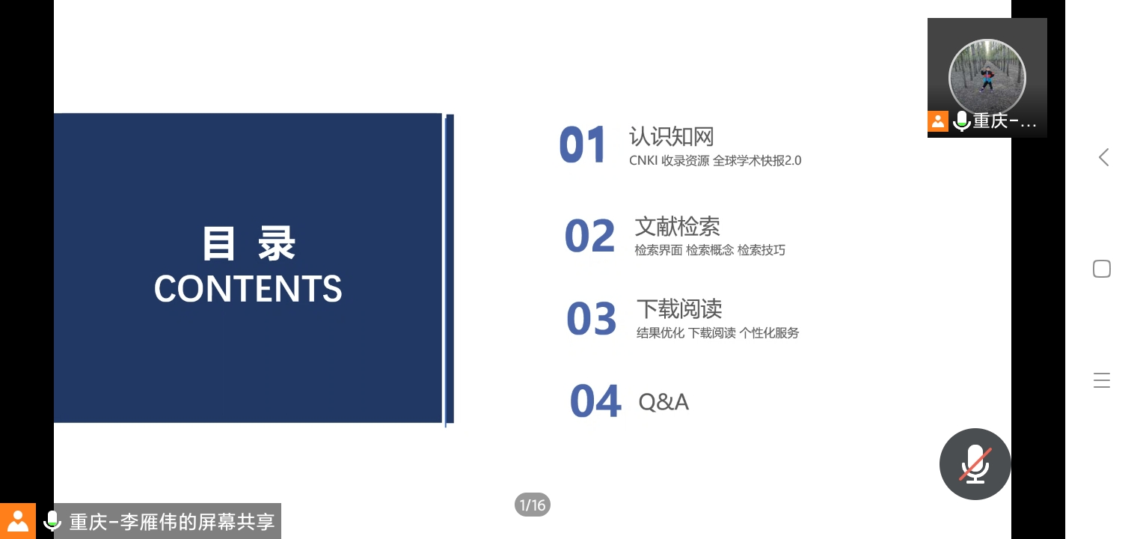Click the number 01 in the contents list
[582, 144]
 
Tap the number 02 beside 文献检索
[589, 235]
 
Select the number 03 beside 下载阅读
[592, 318]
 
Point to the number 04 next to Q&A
[595, 401]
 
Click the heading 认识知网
[672, 136]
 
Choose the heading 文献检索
[678, 227]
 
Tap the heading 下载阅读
[679, 309]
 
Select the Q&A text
[663, 402]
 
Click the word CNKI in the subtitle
[643, 160]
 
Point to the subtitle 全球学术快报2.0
[757, 160]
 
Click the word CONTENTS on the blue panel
[248, 288]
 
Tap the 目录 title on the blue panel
[248, 243]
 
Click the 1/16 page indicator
[533, 505]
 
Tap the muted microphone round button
[975, 464]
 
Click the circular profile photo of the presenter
[987, 78]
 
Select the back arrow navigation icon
[1103, 157]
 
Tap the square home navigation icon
[1101, 269]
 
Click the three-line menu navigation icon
[1101, 380]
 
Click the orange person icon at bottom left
[18, 521]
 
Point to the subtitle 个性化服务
[769, 332]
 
